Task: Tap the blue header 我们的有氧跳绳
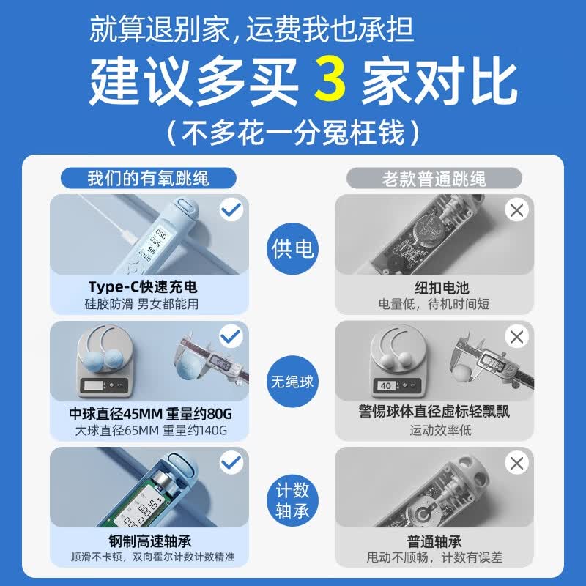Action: (x=149, y=178)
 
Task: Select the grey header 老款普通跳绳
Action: (x=434, y=178)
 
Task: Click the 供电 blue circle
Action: (x=292, y=249)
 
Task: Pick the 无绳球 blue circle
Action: (x=292, y=381)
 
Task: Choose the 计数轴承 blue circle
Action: (x=292, y=500)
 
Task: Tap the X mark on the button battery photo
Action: (x=517, y=211)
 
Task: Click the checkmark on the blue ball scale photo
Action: (x=231, y=337)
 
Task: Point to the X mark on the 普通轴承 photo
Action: (x=517, y=463)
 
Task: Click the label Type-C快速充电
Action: (x=143, y=286)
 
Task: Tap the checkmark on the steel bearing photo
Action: (x=231, y=463)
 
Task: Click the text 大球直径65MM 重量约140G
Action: (x=151, y=430)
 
